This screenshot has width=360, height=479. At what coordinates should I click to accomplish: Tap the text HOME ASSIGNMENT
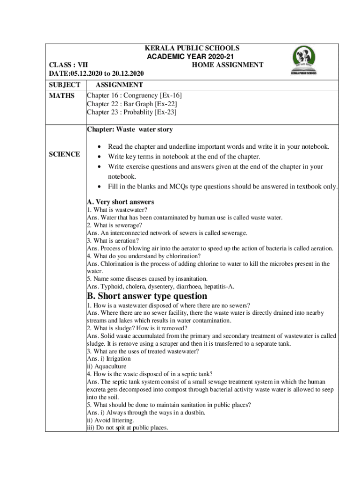[x=227, y=65]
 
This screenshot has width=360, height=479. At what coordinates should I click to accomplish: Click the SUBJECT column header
[x=65, y=85]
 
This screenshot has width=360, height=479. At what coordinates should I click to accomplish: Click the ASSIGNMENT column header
[x=119, y=85]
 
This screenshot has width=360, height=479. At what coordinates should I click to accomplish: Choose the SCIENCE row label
[x=65, y=154]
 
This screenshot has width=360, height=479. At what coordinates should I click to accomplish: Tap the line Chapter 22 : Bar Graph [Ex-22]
[x=132, y=104]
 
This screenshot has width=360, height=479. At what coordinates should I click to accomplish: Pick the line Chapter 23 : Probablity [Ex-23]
[x=131, y=112]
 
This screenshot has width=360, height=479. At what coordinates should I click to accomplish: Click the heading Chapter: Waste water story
[x=130, y=129]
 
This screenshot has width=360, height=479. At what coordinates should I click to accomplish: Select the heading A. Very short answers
[x=120, y=202]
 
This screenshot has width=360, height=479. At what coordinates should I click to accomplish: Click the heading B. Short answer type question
[x=147, y=296]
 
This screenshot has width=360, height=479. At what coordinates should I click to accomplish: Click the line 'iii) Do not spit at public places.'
[x=128, y=428]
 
